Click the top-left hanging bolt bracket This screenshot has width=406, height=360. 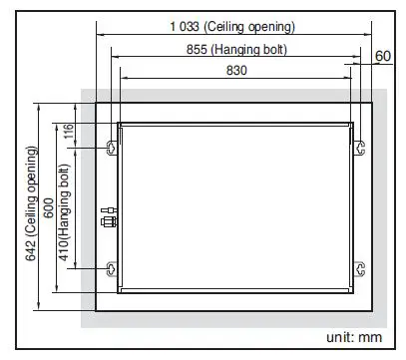[111, 148]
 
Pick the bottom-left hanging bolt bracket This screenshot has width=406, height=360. [111, 268]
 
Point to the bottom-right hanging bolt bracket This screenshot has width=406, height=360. [361, 268]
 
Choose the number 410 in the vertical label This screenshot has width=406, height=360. [67, 264]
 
